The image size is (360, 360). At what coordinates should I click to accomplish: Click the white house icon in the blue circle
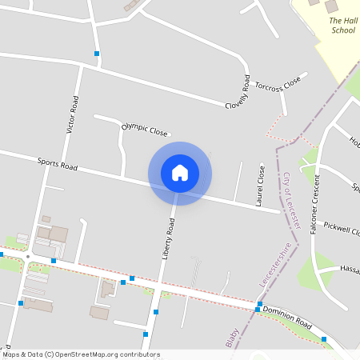180,173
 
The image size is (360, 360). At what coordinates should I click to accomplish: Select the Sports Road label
58,165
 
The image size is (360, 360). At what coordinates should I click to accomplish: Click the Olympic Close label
145,130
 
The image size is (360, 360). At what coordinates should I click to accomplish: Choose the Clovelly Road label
237,93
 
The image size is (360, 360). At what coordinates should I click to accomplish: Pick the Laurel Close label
260,186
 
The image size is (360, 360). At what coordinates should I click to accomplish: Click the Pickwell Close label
344,231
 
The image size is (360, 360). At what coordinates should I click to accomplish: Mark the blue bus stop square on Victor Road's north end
97,54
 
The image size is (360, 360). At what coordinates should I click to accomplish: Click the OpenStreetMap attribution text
80,354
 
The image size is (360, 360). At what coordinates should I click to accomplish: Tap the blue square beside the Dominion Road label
258,309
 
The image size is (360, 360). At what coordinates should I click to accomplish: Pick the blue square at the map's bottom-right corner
324,339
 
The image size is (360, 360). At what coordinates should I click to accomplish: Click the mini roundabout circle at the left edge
27,257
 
